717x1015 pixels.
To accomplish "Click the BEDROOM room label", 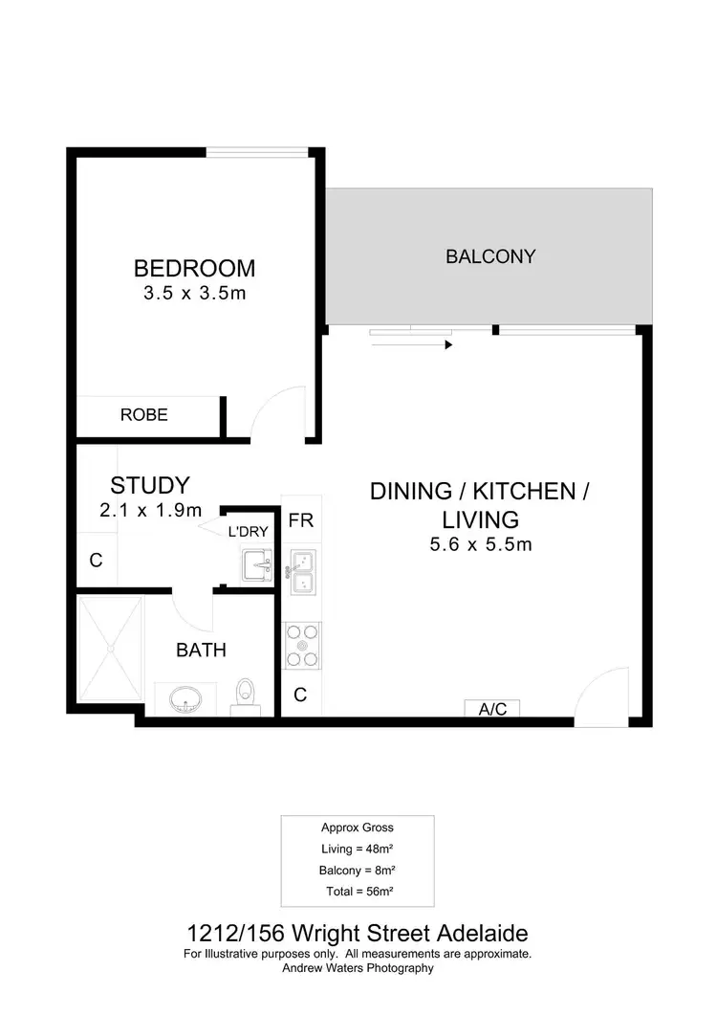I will tap(194, 268).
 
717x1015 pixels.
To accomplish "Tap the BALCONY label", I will tap(490, 256).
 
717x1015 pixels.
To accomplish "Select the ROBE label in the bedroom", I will tap(144, 414).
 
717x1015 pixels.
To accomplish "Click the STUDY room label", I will tap(150, 485).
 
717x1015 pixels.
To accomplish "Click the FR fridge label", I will tap(301, 521).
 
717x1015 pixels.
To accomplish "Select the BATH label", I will tap(201, 651).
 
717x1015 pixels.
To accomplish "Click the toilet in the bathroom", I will tap(247, 695).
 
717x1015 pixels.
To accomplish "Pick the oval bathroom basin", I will tap(186, 700).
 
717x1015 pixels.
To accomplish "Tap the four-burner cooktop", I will tap(303, 646).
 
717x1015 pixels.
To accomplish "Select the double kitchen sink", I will tap(303, 571).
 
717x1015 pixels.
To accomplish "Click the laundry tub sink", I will tap(256, 566).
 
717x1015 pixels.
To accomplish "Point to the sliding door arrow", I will tap(411, 344).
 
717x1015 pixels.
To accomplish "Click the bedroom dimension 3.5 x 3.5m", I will tap(194, 294).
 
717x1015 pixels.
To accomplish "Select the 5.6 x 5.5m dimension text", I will tap(480, 545).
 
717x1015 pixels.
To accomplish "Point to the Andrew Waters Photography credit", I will tap(358, 968).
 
